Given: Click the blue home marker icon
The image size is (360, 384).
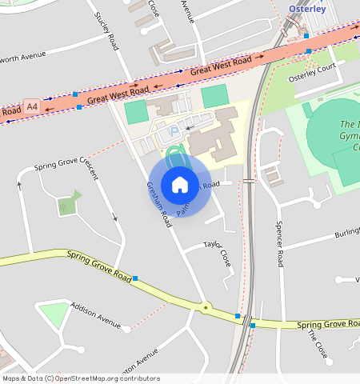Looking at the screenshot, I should [x=180, y=185].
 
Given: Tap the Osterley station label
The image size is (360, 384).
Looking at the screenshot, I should [x=307, y=9].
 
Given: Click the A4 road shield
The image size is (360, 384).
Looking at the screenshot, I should [x=32, y=106].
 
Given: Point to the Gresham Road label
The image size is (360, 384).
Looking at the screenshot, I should [x=158, y=204].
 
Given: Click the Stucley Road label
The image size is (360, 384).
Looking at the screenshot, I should [x=106, y=29].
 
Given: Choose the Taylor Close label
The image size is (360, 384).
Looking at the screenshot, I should [x=217, y=252].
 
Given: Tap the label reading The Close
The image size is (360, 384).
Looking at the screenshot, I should [x=317, y=346].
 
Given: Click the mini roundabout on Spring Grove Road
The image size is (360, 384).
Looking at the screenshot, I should [x=206, y=307].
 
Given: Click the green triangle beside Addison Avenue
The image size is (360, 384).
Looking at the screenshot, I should [x=54, y=314].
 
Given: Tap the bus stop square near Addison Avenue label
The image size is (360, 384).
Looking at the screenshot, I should [x=135, y=278].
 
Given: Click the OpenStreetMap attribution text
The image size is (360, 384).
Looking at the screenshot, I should [x=80, y=378].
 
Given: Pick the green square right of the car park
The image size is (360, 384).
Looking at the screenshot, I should [x=214, y=97].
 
